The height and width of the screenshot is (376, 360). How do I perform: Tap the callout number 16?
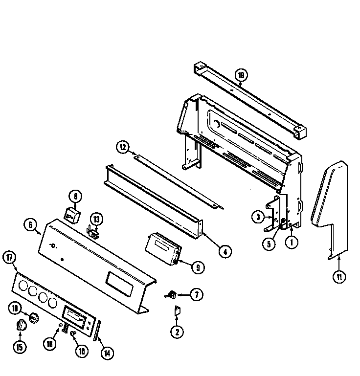[50, 344]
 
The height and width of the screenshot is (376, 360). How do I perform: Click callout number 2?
[177, 332]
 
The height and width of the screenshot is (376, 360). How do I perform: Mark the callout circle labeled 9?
[198, 267]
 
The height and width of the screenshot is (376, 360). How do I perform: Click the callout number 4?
[225, 252]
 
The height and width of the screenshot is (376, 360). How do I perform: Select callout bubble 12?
[123, 147]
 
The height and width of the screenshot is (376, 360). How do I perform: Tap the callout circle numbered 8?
[76, 197]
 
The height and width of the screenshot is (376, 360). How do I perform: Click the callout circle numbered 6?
[30, 224]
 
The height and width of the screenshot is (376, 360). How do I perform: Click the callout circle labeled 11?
[338, 277]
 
